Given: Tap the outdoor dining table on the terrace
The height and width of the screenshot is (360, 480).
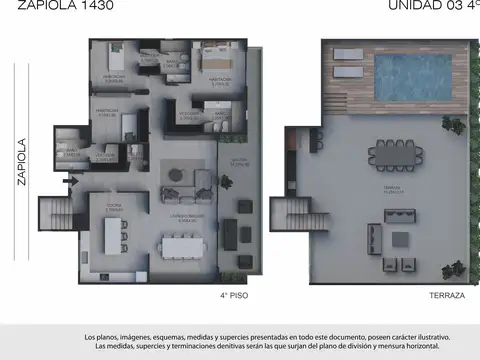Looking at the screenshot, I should coord(395,153).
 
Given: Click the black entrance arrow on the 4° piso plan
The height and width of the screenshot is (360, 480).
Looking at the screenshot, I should coord(68,181).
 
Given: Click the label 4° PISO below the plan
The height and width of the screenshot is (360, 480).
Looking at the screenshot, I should coord(233,296).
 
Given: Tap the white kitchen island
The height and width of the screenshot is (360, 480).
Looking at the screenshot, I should coord(123,235).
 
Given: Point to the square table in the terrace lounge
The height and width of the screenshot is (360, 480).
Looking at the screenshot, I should coord(401,240).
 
